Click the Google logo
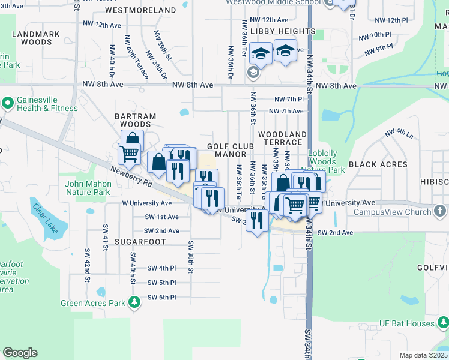(x=20, y=353)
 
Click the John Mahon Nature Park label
(x=88, y=188)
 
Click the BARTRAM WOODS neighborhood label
(x=136, y=120)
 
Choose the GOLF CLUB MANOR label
(x=228, y=150)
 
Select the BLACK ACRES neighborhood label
(x=370, y=164)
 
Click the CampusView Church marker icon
(x=441, y=211)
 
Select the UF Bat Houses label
(x=406, y=323)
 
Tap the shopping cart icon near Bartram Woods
(x=129, y=154)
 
